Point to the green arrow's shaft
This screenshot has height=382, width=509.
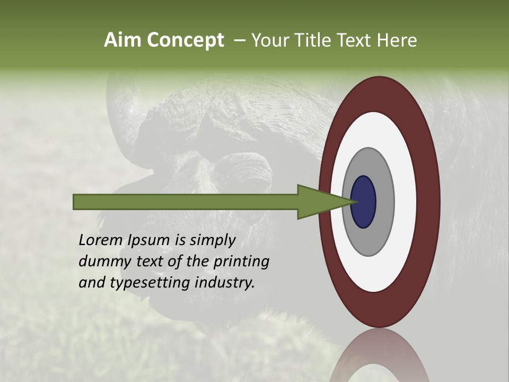[186, 202]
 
